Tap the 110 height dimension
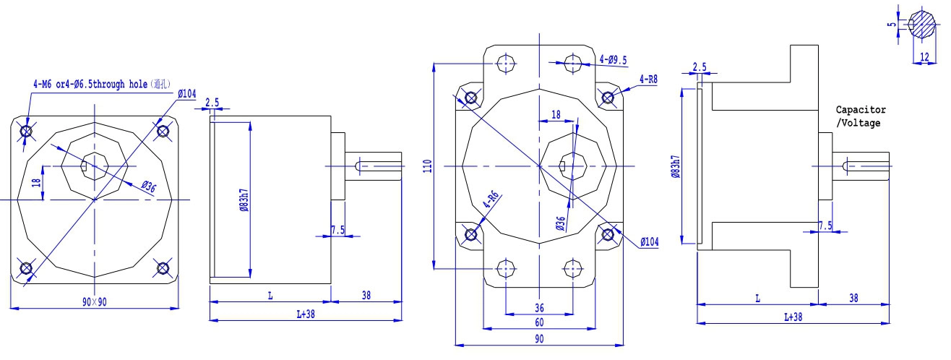point(427,166)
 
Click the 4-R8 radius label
point(648,79)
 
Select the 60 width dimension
point(539,322)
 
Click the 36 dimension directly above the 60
point(539,307)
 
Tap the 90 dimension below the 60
point(539,338)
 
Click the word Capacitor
point(861,110)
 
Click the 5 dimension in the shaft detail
point(892,25)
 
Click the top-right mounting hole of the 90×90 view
point(163,131)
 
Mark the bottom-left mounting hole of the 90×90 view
point(26,268)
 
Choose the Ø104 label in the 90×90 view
point(186,94)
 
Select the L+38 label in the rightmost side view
point(793,317)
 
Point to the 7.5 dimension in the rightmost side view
point(825,226)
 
